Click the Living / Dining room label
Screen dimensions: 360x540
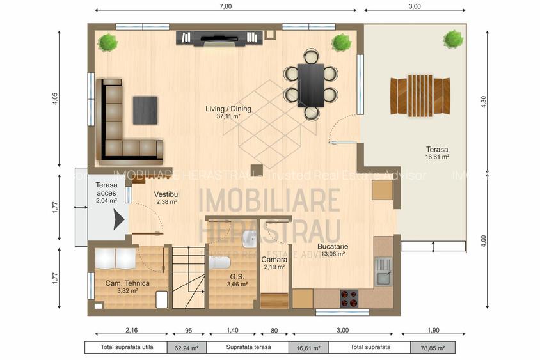[x=228, y=109]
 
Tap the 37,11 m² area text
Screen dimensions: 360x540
[x=228, y=117]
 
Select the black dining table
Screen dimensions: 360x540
[x=312, y=84]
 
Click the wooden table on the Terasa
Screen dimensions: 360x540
[x=420, y=95]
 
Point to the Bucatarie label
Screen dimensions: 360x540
[x=331, y=246]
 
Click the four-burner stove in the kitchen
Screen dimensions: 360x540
[x=348, y=299]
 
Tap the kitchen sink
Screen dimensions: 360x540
[x=384, y=271]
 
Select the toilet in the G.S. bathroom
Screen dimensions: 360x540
[x=220, y=263]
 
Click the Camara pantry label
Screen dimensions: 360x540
[x=274, y=259]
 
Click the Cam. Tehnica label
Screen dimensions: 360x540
[x=127, y=283]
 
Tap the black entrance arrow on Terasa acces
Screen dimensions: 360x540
[x=118, y=221]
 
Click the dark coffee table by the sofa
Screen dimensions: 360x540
[x=145, y=109]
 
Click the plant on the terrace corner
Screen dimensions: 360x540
[x=453, y=39]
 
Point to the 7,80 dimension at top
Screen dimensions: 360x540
[x=226, y=6]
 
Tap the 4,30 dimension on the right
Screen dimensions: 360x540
[x=484, y=101]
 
